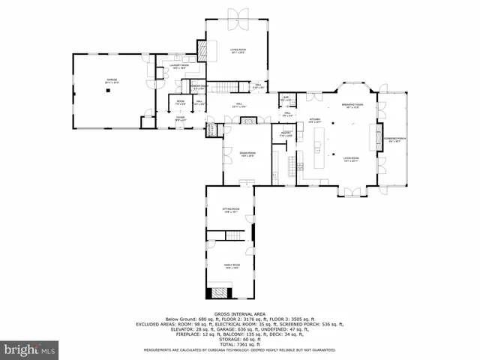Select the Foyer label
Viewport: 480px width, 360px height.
pos(180,118)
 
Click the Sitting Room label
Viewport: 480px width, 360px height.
pos(229,211)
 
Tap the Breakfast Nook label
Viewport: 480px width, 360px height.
pos(352,105)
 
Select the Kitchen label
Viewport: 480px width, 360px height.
pos(315,120)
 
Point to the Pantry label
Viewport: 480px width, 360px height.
pos(286,135)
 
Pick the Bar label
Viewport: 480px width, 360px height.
pos(286,97)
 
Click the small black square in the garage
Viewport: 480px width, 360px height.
pos(109,89)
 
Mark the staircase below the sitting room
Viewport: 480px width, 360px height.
pos(230,238)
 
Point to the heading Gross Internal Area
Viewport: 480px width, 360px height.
pos(239,314)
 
